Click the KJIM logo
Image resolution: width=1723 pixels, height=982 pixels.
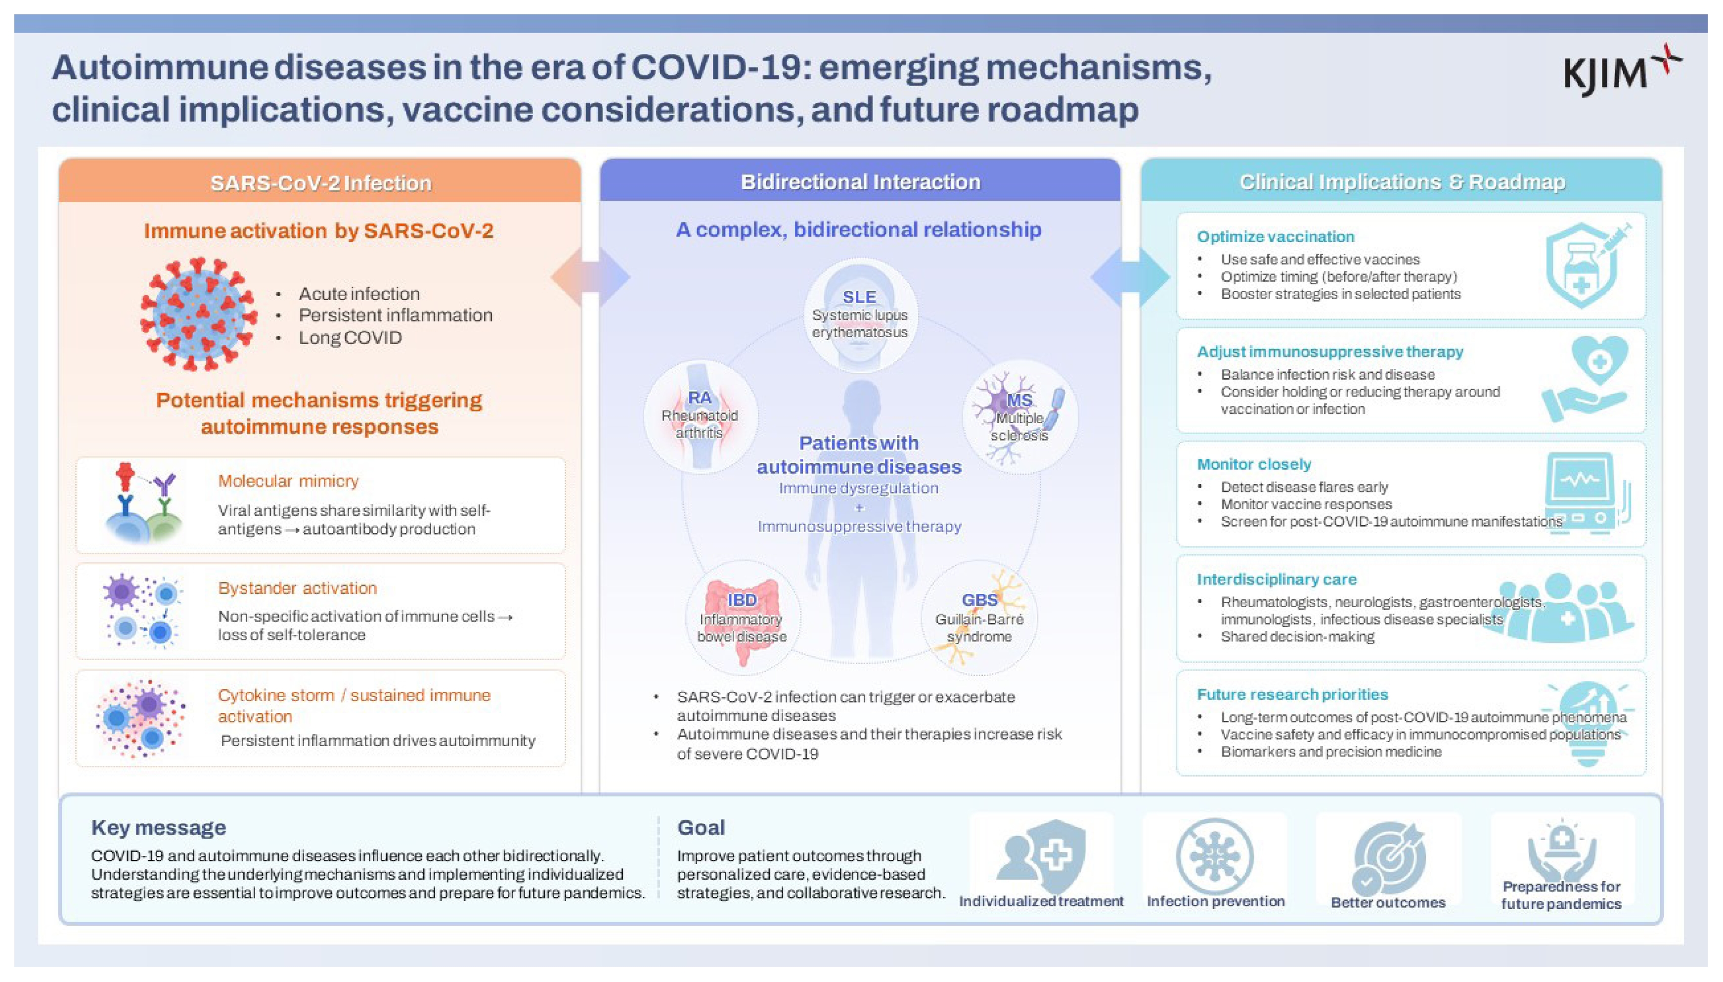tap(1622, 70)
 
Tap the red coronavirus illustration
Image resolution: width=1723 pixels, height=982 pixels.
tap(198, 314)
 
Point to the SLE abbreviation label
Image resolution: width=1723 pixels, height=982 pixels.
tap(859, 297)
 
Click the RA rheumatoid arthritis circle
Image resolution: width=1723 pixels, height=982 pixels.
tap(701, 416)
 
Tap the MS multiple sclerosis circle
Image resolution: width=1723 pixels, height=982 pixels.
tap(1019, 416)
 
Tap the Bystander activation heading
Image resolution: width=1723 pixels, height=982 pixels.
tap(298, 587)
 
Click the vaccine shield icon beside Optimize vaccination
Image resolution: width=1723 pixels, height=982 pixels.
tap(1588, 265)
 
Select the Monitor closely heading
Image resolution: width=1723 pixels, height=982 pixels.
tap(1254, 464)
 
